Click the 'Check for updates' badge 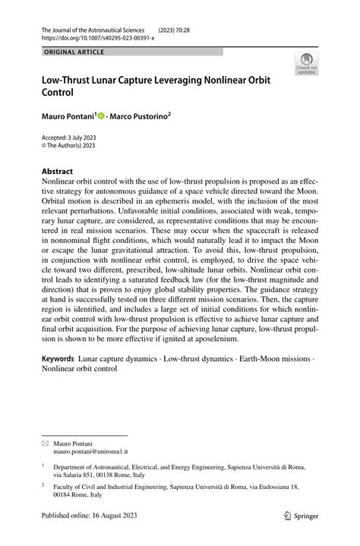point(308,63)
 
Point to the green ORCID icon point(100,116)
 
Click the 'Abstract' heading point(58,172)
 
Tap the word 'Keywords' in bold point(58,356)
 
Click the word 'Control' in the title point(62,93)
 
